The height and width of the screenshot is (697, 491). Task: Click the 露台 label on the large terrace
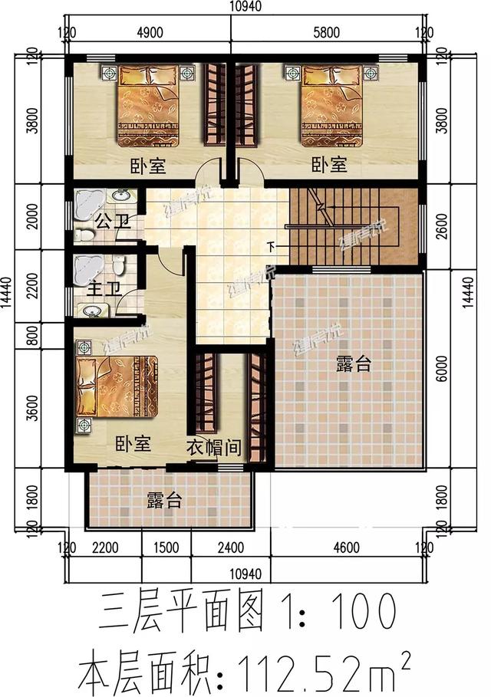[353, 365]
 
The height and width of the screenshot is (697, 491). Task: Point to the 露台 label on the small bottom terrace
[164, 501]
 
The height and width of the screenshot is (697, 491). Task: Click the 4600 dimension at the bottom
[347, 549]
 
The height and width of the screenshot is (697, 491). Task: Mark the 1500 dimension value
[166, 549]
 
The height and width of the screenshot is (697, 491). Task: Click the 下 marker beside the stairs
[271, 246]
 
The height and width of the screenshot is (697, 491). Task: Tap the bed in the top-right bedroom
[332, 103]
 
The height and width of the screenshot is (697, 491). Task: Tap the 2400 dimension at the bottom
[229, 549]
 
